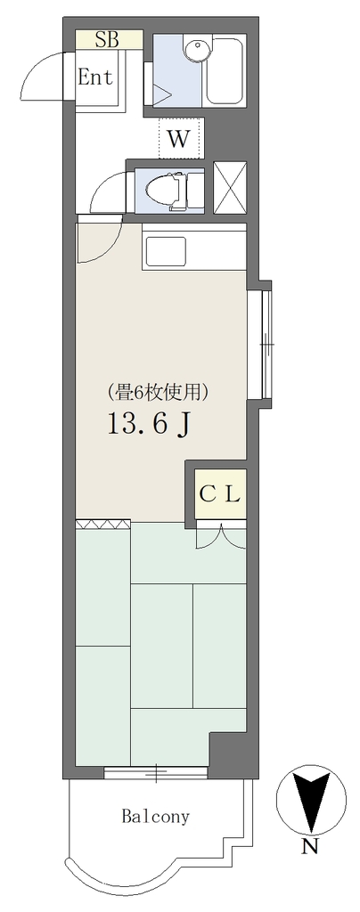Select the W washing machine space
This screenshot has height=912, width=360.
click(x=180, y=138)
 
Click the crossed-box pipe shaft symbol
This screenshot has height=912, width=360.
click(x=230, y=187)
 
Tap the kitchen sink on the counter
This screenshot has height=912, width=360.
click(x=166, y=250)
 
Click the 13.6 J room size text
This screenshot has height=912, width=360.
click(x=148, y=424)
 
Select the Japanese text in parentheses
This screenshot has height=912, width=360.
click(x=157, y=394)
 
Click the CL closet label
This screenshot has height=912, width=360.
click(x=220, y=495)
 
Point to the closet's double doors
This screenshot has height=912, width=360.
click(x=221, y=534)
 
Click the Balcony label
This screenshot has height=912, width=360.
click(x=155, y=816)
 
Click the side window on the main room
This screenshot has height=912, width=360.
click(x=266, y=345)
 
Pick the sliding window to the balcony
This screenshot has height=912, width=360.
click(x=156, y=772)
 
